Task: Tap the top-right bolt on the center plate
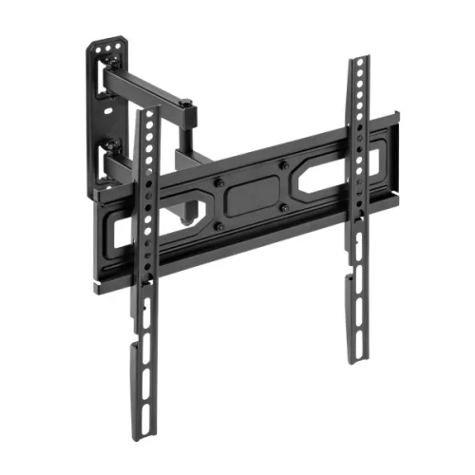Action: pos(283,163)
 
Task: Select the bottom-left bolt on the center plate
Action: pos(220,225)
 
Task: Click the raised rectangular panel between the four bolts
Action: pos(252,195)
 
